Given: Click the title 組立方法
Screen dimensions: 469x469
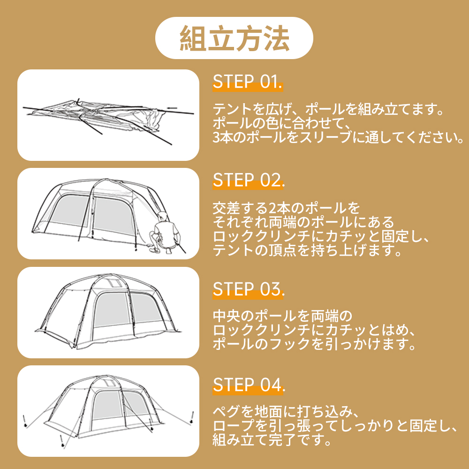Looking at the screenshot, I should pos(234,38).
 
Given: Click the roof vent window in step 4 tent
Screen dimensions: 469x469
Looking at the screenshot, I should pos(109,382).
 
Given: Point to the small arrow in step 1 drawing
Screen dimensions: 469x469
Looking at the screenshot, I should pos(172,108).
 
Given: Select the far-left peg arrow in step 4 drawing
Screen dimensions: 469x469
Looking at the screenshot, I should pos(26,420).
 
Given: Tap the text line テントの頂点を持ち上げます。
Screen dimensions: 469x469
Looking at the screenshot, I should pos(308,251).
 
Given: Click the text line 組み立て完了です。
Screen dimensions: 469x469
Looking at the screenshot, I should pos(272,440).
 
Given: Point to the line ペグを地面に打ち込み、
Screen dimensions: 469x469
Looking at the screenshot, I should pos(286,412).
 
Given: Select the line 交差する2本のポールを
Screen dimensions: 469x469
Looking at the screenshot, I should pos(287,207).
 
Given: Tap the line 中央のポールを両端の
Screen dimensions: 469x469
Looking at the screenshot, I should pos(282,315).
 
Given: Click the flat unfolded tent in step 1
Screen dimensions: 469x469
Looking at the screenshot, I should pos(108,115).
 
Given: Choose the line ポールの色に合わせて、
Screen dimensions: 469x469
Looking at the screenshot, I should pos(282,124).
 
